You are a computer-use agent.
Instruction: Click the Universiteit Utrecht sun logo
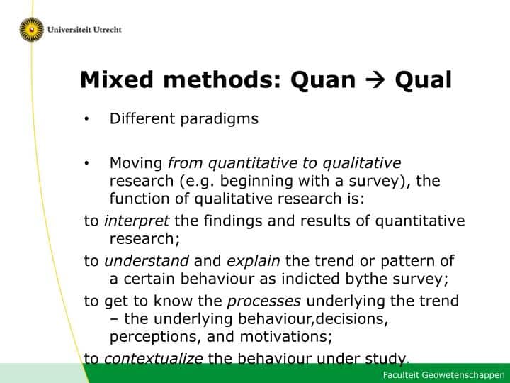pyautogui.click(x=32, y=30)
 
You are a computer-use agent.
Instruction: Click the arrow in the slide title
pyautogui.click(x=375, y=80)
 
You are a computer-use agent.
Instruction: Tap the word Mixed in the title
pyautogui.click(x=116, y=79)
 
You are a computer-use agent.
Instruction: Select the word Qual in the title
pyautogui.click(x=423, y=79)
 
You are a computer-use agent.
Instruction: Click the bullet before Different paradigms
pyautogui.click(x=86, y=119)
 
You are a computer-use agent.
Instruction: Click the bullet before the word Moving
pyautogui.click(x=86, y=164)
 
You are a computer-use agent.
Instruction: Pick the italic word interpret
pyautogui.click(x=136, y=221)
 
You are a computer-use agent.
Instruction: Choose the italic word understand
pyautogui.click(x=147, y=261)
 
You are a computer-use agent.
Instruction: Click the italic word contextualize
pyautogui.click(x=153, y=358)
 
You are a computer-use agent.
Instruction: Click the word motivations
pyautogui.click(x=286, y=337)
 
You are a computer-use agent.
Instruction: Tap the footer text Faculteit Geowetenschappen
pyautogui.click(x=443, y=375)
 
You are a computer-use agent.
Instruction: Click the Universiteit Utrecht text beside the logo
pyautogui.click(x=84, y=30)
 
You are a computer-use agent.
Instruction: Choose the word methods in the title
pyautogui.click(x=222, y=79)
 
